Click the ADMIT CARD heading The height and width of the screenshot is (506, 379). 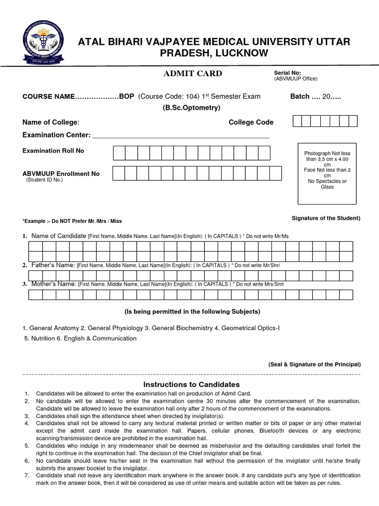(192, 74)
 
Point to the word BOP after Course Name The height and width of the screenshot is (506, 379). (127, 96)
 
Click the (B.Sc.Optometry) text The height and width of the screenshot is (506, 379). (191, 108)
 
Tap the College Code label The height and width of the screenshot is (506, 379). (251, 122)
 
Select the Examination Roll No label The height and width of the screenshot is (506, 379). (53, 151)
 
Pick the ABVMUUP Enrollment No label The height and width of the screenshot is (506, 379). (61, 174)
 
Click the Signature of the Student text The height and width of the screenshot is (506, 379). (326, 218)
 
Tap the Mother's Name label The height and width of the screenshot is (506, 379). (54, 284)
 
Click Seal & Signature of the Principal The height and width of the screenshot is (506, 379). (314, 364)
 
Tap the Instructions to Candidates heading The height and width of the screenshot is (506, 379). (191, 384)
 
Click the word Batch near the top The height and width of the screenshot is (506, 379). (300, 96)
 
